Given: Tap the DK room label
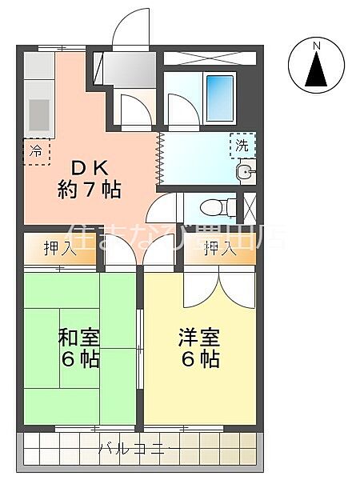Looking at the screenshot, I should pos(89,169).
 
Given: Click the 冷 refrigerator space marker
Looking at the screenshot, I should pos(36,150).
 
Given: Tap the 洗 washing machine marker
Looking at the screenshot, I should pos(241,146).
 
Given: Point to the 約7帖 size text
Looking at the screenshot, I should pos(89,190).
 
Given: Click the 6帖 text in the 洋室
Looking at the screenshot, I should pos(199,358).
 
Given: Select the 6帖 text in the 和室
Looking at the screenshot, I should pos(77,358).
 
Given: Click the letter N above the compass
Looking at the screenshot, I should pos(317,45).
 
